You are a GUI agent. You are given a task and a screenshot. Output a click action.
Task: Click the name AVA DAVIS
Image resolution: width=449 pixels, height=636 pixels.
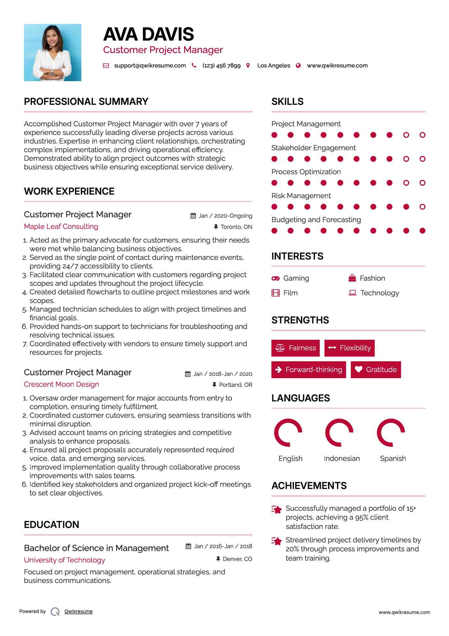(x=148, y=34)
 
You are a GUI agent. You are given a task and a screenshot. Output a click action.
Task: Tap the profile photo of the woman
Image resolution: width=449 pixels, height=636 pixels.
(x=53, y=52)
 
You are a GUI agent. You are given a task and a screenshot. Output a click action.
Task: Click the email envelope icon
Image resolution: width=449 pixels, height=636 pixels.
(x=106, y=66)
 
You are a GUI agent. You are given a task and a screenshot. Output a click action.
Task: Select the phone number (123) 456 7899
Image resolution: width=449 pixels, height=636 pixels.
(x=221, y=66)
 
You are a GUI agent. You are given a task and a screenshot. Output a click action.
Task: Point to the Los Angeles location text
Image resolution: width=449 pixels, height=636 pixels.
(x=273, y=66)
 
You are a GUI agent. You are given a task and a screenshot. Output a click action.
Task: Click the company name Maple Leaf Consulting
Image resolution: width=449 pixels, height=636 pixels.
(x=61, y=226)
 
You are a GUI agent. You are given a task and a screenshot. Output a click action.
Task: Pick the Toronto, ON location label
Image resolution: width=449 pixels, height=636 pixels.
(x=236, y=227)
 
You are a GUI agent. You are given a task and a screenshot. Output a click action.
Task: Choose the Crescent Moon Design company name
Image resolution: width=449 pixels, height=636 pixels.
(x=61, y=384)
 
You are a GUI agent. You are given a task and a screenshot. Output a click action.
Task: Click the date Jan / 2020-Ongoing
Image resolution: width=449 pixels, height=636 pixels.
(x=225, y=216)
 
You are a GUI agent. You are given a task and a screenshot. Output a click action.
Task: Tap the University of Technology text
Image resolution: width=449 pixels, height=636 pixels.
(x=64, y=560)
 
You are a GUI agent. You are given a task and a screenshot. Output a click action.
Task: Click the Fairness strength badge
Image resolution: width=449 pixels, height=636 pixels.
(x=296, y=348)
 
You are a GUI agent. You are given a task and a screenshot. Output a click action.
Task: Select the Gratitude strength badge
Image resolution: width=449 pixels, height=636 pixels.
(x=376, y=369)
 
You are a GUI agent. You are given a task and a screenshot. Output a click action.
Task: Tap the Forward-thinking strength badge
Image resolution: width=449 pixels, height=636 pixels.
(x=309, y=369)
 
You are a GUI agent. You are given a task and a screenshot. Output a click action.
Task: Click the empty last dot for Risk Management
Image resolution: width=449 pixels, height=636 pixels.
(x=422, y=207)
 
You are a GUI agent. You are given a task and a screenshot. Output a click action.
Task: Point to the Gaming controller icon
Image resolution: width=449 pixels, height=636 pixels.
(x=275, y=278)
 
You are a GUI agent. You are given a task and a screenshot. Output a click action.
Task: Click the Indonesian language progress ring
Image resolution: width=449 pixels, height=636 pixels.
(x=339, y=432)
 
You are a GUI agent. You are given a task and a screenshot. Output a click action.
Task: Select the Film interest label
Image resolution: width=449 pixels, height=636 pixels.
(x=290, y=293)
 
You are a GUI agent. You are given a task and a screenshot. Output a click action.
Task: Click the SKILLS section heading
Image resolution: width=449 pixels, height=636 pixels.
(x=287, y=101)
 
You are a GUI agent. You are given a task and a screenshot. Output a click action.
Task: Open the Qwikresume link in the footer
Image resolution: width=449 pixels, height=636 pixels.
(x=79, y=611)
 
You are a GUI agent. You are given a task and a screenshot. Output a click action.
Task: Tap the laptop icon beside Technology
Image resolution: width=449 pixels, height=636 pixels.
(x=352, y=293)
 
